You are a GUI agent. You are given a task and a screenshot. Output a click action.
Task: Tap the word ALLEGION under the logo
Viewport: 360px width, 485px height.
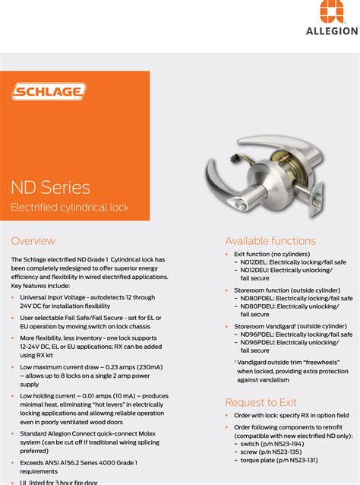pyautogui.click(x=332, y=31)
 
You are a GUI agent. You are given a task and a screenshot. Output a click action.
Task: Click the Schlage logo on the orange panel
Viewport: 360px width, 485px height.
pyautogui.click(x=49, y=92)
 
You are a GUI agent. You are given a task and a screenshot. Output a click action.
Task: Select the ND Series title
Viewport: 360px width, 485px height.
pyautogui.click(x=50, y=188)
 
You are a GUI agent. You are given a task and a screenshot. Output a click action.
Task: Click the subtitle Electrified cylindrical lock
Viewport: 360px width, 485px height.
pyautogui.click(x=70, y=208)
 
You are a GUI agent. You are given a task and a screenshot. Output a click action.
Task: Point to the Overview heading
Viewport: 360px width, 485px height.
pyautogui.click(x=33, y=241)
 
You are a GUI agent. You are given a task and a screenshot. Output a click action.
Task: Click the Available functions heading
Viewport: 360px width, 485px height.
pyautogui.click(x=270, y=241)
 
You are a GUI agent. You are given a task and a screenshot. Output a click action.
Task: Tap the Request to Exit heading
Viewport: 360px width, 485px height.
pyautogui.click(x=261, y=402)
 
